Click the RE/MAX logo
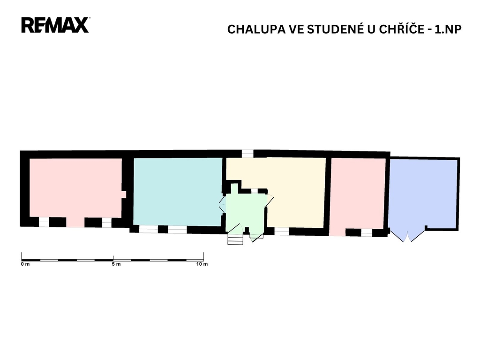tap(55, 25)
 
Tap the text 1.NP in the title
tap(448, 30)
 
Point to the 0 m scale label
tap(25, 264)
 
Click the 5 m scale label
tap(116, 264)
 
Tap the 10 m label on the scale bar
tap(202, 264)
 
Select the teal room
tap(178, 192)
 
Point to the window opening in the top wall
tap(247, 153)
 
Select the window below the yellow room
tap(281, 232)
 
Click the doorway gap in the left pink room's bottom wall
tap(75, 222)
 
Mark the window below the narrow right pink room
tap(367, 233)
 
